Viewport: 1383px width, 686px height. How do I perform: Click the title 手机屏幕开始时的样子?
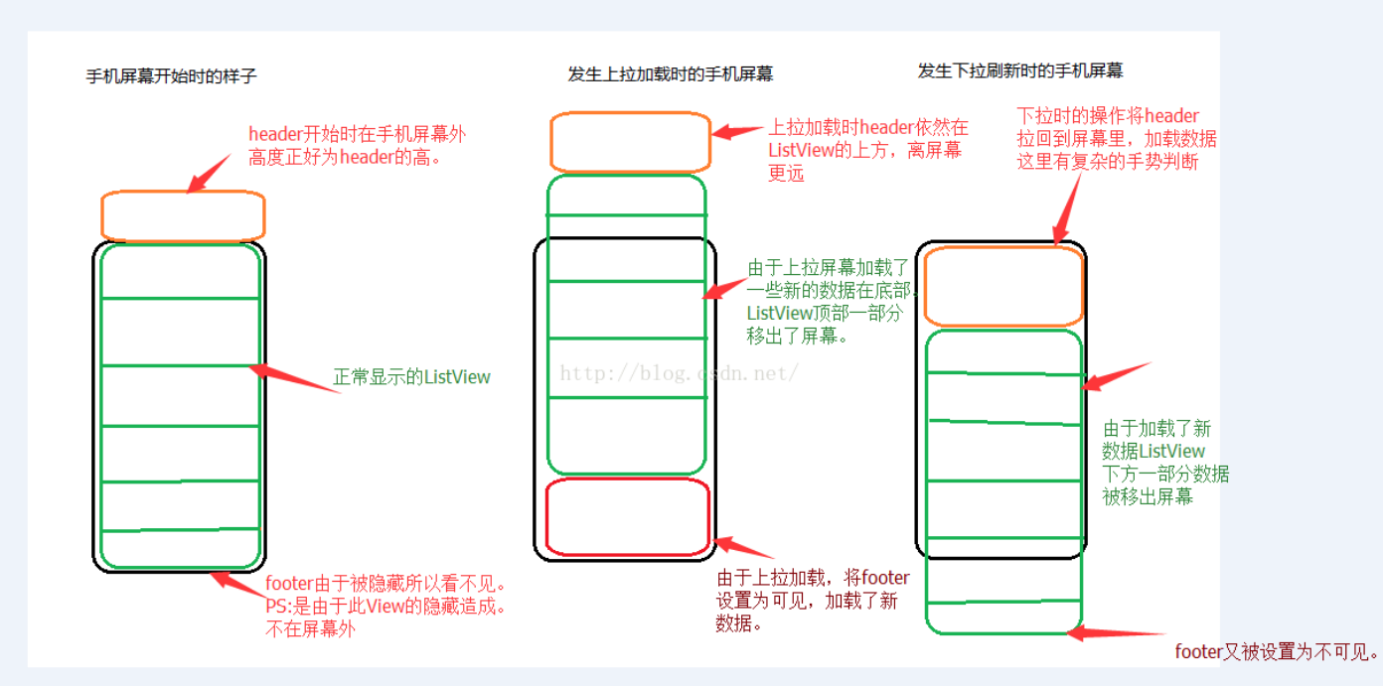pyautogui.click(x=171, y=75)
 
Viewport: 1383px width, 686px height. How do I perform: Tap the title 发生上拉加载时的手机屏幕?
pyautogui.click(x=671, y=74)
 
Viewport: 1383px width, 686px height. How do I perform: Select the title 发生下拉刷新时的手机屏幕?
pyautogui.click(x=1020, y=71)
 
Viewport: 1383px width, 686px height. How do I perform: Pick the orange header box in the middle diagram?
pyautogui.click(x=630, y=143)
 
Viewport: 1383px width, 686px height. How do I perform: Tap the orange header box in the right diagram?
pyautogui.click(x=1002, y=287)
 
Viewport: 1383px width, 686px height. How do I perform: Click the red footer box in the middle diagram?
pyautogui.click(x=628, y=516)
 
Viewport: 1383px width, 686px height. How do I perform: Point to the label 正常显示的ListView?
pyautogui.click(x=411, y=377)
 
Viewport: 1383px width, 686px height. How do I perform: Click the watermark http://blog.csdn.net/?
pyautogui.click(x=680, y=373)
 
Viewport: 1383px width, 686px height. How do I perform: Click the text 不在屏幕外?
pyautogui.click(x=309, y=628)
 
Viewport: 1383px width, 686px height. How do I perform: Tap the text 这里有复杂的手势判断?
pyautogui.click(x=1108, y=161)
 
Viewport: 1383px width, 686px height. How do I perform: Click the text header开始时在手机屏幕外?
pyautogui.click(x=357, y=134)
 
